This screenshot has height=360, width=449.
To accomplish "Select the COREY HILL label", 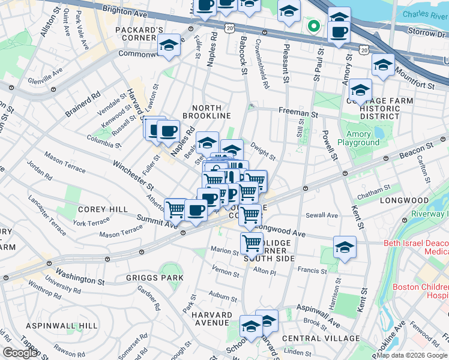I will coord(102,209).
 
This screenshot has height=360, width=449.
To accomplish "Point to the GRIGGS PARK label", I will coord(146,278).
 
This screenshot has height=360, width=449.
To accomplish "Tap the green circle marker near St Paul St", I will coord(313,26).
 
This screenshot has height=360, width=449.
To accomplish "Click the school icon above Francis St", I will coord(345,247).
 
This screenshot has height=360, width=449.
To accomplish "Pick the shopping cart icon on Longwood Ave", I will coord(250,214).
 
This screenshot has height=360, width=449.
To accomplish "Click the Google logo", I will coord(20,353).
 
